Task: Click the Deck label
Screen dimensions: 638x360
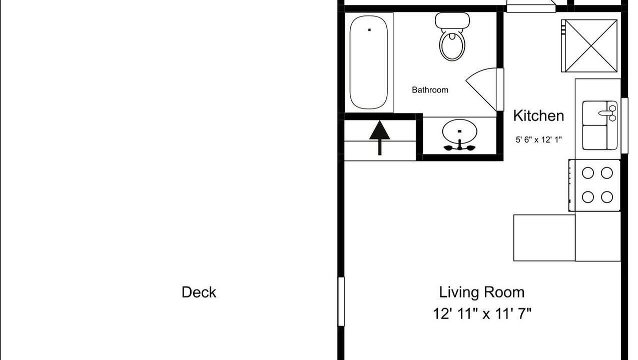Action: click(x=199, y=292)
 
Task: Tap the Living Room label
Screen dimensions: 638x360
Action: click(x=482, y=292)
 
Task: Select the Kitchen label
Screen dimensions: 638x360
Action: click(x=538, y=116)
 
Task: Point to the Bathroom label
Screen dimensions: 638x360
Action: click(x=430, y=90)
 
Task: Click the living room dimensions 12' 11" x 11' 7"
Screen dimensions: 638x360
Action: click(x=482, y=314)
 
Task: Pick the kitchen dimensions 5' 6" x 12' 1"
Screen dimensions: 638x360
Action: click(x=538, y=139)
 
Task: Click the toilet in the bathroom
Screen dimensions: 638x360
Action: click(x=452, y=36)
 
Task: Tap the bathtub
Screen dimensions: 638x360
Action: click(x=369, y=62)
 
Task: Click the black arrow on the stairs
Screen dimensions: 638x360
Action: click(x=380, y=138)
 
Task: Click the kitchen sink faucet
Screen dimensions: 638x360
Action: click(x=607, y=113)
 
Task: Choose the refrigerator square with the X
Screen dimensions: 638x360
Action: click(x=589, y=46)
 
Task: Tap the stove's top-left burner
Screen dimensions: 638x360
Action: click(x=588, y=172)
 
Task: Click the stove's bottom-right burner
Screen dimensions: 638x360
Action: click(x=607, y=197)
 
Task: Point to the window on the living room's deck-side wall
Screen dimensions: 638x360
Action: click(x=341, y=301)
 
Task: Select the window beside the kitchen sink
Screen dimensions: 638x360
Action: click(x=624, y=125)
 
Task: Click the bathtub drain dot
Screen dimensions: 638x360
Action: click(x=369, y=30)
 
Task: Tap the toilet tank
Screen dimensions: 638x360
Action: click(x=452, y=20)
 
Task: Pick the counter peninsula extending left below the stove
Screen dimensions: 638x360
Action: click(x=544, y=238)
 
